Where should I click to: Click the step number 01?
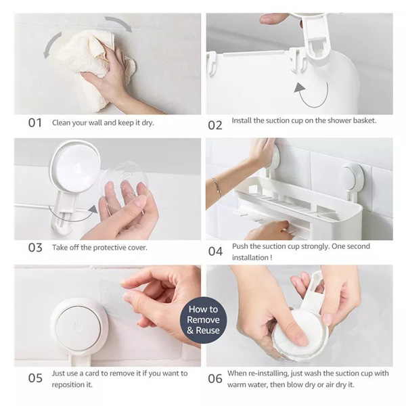[35, 122]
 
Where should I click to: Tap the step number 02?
[215, 125]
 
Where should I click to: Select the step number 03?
[35, 248]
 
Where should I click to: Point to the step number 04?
[215, 251]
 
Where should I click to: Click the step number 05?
[35, 378]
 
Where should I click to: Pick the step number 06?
[215, 378]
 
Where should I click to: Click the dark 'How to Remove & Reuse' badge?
[203, 320]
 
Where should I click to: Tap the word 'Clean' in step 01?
[62, 122]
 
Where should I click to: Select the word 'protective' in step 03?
[109, 248]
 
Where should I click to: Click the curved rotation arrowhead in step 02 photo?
[300, 87]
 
